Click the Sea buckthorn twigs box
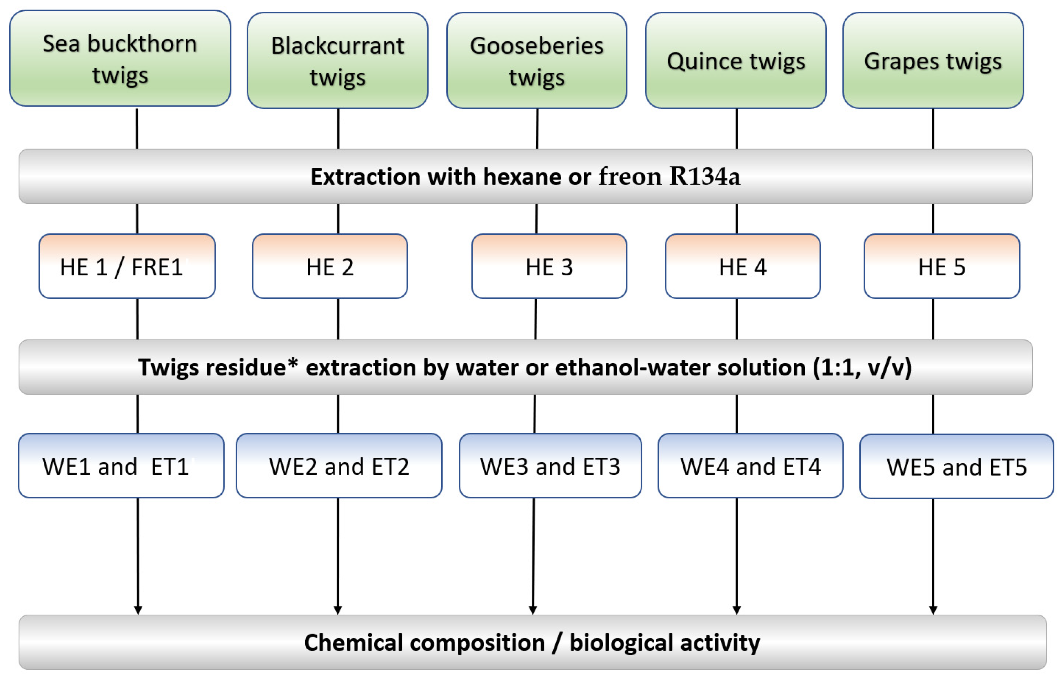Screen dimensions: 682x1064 [120, 58]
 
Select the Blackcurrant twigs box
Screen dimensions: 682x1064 [338, 60]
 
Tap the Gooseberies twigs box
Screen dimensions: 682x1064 [536, 60]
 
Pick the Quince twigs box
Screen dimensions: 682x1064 [736, 60]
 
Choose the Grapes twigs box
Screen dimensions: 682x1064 [933, 60]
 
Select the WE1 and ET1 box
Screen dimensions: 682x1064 [121, 466]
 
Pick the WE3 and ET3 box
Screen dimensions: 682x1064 [550, 466]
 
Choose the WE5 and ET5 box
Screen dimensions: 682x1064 [957, 467]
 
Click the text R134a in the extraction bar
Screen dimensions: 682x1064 [704, 176]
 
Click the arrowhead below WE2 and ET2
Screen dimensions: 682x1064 [338, 609]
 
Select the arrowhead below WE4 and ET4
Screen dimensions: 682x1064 [737, 609]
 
